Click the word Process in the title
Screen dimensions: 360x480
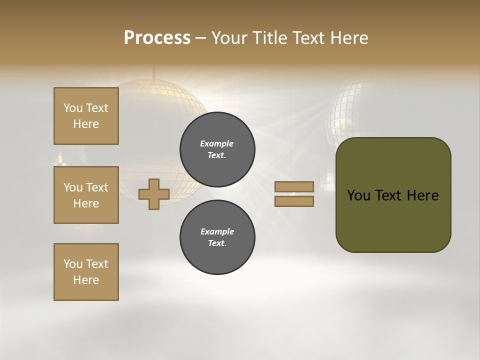[157, 38]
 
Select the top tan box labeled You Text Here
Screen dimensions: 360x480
[86, 116]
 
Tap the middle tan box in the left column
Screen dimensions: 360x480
[86, 195]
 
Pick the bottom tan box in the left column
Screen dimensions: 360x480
[86, 272]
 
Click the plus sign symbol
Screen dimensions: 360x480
[153, 194]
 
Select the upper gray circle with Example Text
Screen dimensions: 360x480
[217, 149]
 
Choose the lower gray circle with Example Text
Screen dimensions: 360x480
[217, 237]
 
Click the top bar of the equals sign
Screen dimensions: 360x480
[294, 186]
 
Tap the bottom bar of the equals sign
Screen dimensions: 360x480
[294, 201]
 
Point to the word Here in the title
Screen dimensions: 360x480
[349, 38]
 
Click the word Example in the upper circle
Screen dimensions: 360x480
[217, 143]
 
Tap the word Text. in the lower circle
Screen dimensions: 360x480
[217, 243]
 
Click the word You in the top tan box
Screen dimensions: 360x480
[73, 108]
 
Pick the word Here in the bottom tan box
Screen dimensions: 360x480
[86, 280]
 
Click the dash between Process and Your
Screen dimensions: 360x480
[201, 38]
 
